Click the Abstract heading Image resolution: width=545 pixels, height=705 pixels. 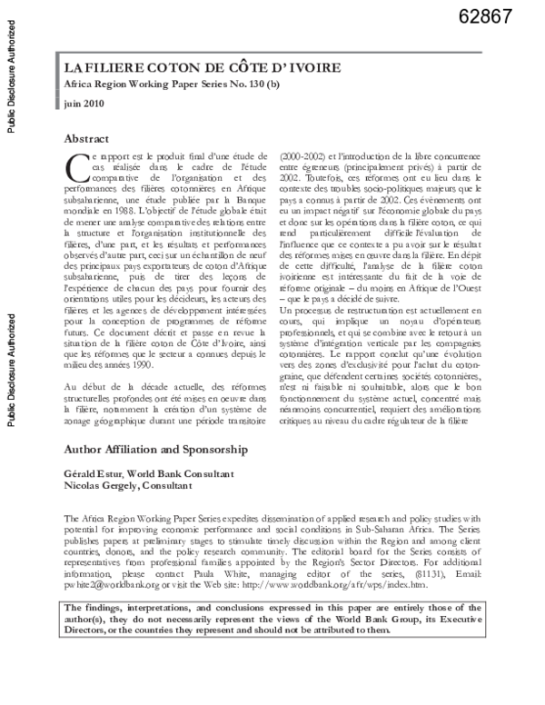pyautogui.click(x=86, y=139)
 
